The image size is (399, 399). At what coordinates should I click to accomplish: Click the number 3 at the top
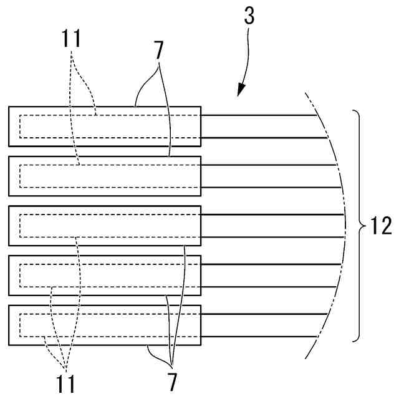click(x=249, y=16)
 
